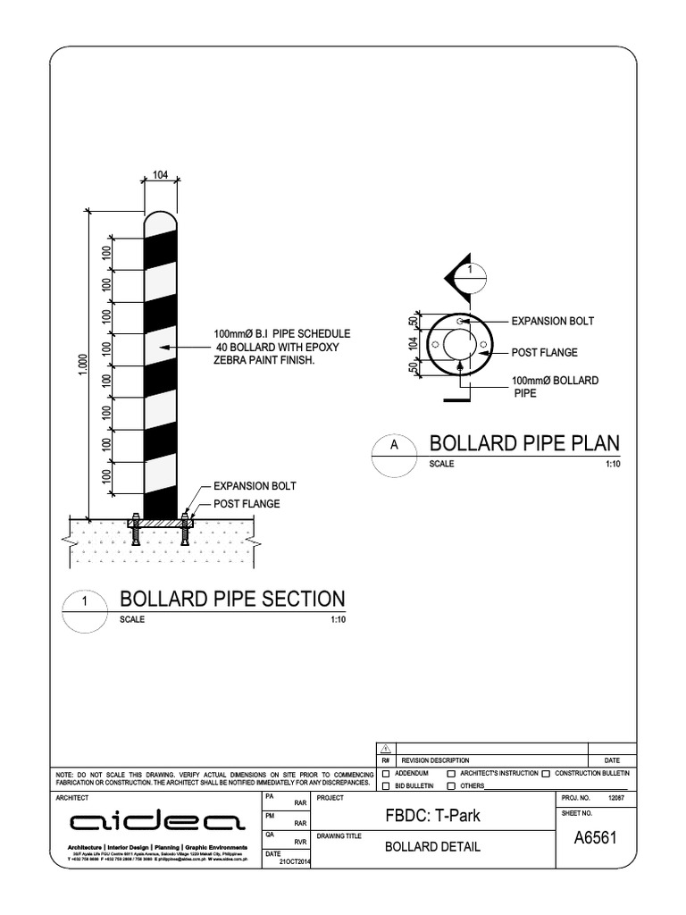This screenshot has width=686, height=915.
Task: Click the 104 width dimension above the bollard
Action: pos(161,175)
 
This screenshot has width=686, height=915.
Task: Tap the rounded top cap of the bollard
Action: pos(161,220)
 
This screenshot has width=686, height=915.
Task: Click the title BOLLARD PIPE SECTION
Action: pos(231,598)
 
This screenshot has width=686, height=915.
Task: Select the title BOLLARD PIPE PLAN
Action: pos(524,444)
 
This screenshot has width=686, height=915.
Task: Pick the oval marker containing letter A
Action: pos(393,449)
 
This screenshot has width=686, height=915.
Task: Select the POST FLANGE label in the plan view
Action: pos(544,352)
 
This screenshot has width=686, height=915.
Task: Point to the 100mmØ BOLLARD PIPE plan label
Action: pos(555,387)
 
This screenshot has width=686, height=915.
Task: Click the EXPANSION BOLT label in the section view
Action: pos(255,486)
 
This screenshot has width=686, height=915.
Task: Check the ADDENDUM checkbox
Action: pos(386,773)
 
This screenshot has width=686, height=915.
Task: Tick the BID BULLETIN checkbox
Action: pos(386,786)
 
